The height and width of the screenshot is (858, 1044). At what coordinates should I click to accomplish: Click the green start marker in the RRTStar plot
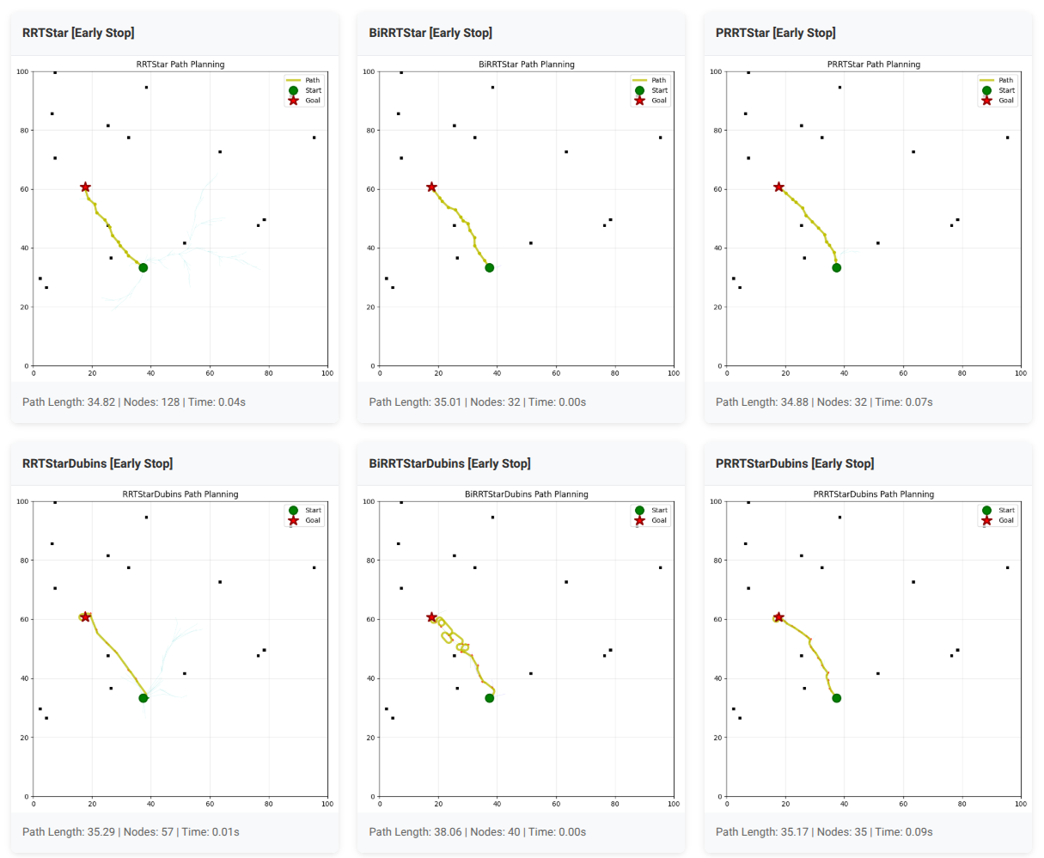(x=143, y=267)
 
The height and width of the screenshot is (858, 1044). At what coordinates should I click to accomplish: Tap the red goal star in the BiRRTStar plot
(x=431, y=187)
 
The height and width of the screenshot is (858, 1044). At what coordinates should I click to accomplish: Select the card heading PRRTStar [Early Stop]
(x=775, y=33)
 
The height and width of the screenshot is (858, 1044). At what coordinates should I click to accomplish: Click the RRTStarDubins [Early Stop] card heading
(x=97, y=463)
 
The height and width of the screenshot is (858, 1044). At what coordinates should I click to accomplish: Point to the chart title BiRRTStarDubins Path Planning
(x=526, y=494)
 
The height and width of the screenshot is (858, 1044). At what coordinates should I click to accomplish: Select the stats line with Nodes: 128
(x=133, y=401)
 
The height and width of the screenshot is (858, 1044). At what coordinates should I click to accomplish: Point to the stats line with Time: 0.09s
(x=823, y=831)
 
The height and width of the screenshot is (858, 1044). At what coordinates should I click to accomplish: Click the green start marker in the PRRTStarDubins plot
(x=836, y=698)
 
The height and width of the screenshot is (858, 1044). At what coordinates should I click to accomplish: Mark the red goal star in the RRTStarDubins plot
(x=85, y=617)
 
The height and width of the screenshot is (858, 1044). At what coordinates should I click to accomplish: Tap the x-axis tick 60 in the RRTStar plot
(x=210, y=373)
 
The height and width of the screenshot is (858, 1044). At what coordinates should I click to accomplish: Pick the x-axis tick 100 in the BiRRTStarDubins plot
(x=674, y=804)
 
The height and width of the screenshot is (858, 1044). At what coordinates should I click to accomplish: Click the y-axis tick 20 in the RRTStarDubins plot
(x=24, y=738)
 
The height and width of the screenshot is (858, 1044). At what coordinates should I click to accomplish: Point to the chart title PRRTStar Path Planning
(x=873, y=64)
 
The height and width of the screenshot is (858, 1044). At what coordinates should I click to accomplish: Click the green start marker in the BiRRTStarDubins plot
(x=489, y=698)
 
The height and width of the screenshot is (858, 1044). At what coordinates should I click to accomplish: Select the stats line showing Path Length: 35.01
(x=477, y=401)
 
